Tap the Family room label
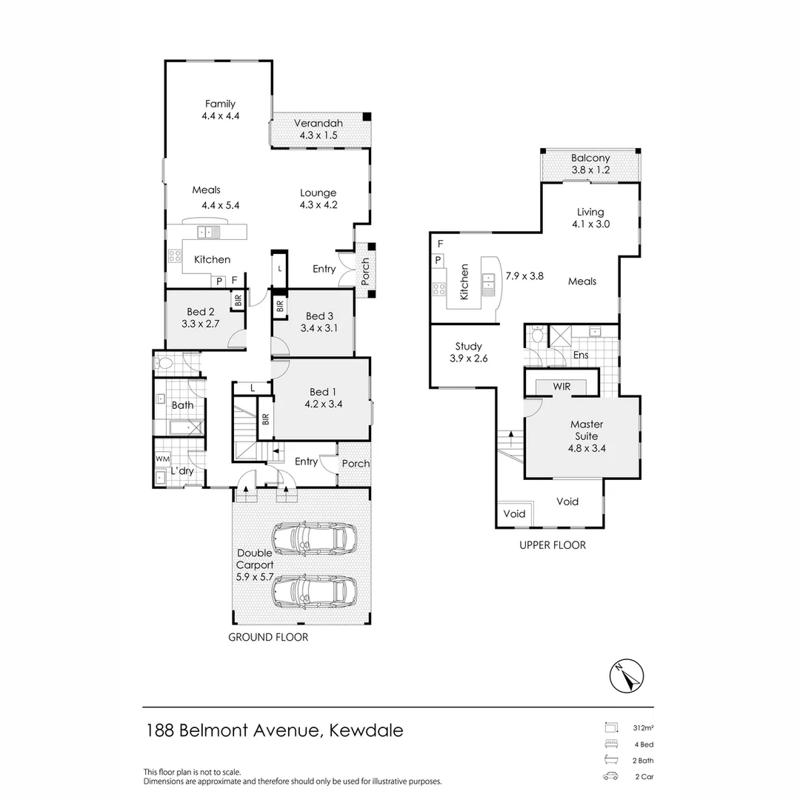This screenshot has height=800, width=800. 220,104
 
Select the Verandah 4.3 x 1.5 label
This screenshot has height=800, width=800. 319,130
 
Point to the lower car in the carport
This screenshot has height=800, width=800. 313,591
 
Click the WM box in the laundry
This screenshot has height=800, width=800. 162,459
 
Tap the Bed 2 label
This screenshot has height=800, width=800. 201,312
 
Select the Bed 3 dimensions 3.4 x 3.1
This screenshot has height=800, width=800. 319,327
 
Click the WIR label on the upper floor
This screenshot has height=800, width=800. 561,386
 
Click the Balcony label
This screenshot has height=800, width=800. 590,158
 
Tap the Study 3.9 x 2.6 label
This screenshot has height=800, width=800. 468,352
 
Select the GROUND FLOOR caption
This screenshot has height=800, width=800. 268,637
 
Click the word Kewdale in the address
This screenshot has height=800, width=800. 365,730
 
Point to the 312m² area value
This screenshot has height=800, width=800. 642,727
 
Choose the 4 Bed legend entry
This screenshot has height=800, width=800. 642,744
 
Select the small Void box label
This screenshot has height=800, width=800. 514,514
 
